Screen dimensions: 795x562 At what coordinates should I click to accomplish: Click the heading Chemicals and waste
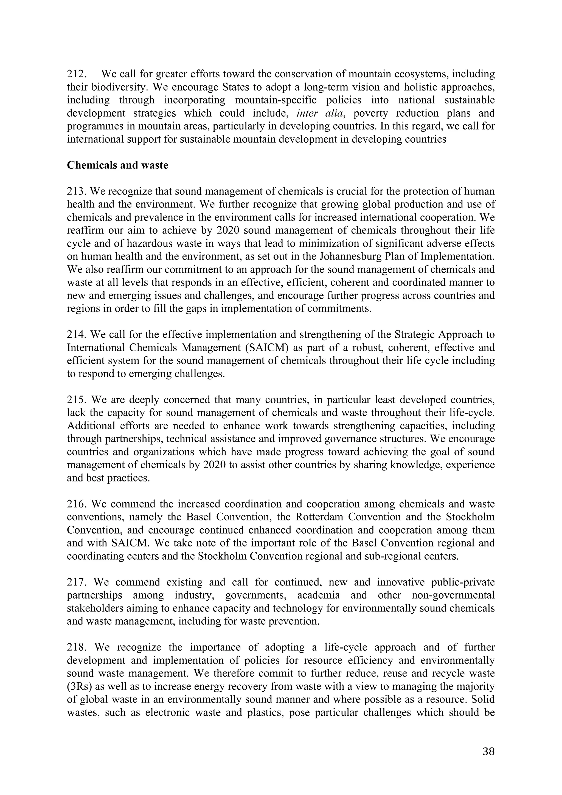point(117,165)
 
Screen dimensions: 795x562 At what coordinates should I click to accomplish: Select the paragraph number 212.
point(76,74)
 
